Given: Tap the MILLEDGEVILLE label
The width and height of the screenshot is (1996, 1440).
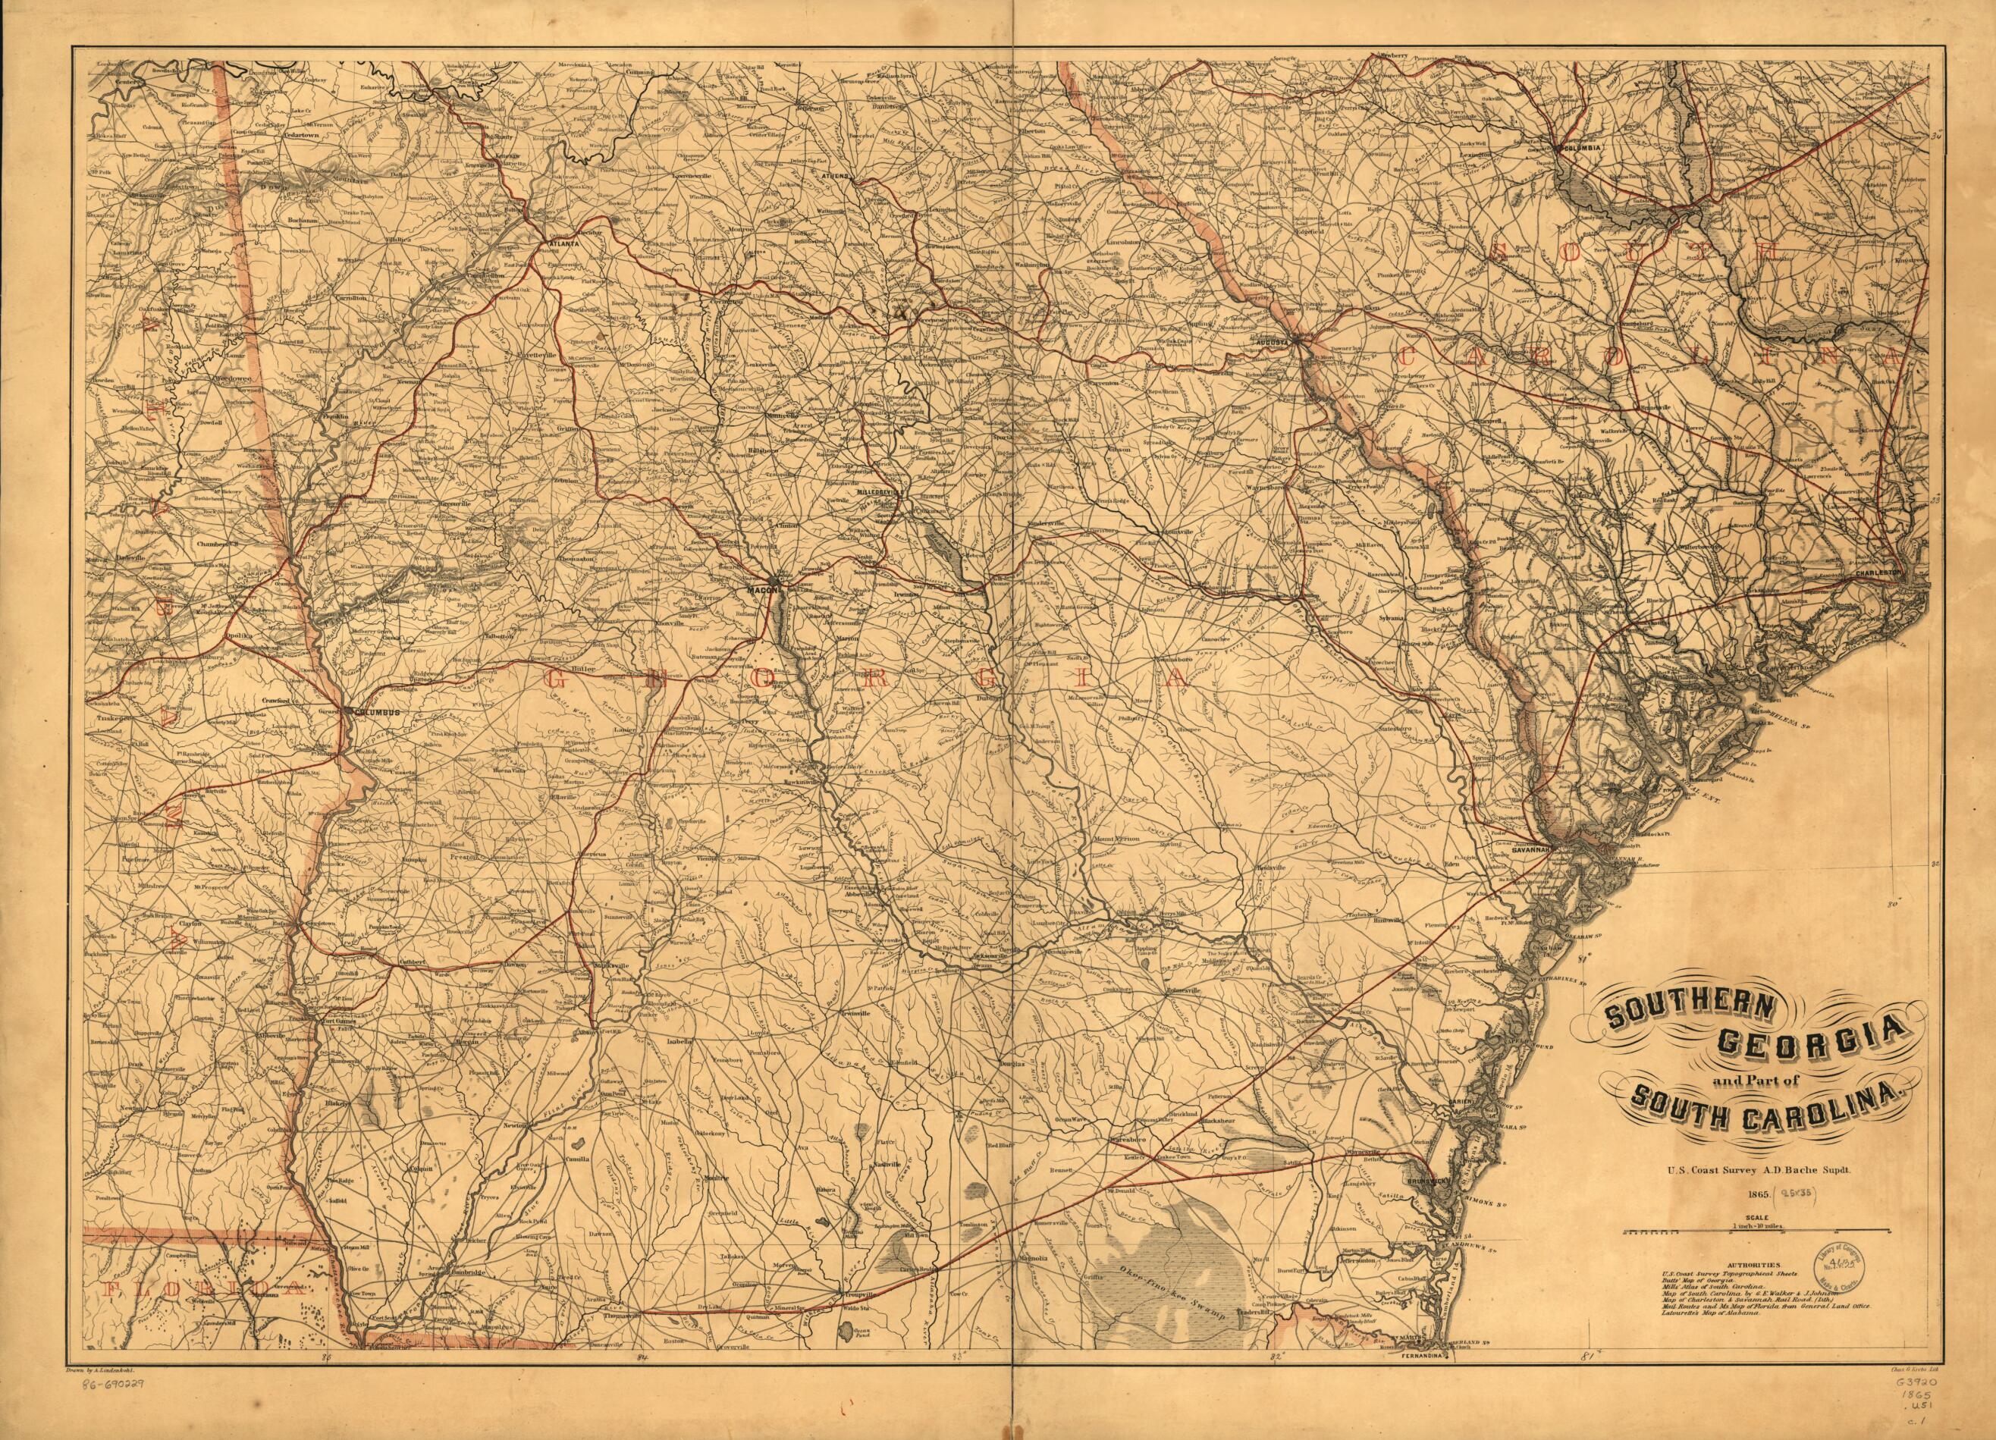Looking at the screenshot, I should [877, 493].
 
